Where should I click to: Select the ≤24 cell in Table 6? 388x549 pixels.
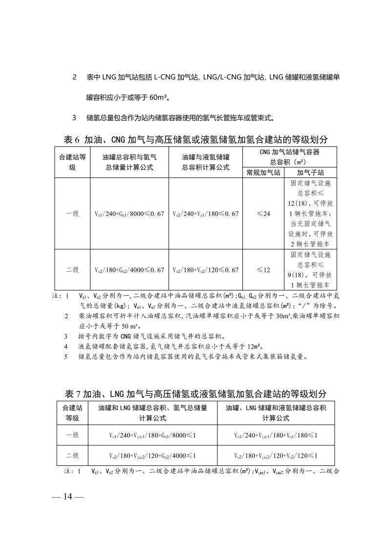pyautogui.click(x=263, y=214)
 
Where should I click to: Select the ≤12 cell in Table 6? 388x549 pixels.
pyautogui.click(x=263, y=270)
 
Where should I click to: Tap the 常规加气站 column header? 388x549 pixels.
pyautogui.click(x=263, y=173)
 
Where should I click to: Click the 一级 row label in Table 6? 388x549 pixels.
pyautogui.click(x=72, y=214)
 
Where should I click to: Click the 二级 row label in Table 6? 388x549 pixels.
pyautogui.click(x=72, y=270)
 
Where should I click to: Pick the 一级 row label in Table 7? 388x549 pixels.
pyautogui.click(x=72, y=435)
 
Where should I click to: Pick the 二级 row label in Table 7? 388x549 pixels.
pyautogui.click(x=72, y=456)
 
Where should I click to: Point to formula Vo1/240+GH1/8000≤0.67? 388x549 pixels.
pyautogui.click(x=129, y=214)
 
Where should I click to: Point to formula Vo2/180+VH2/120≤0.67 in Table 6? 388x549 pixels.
pyautogui.click(x=206, y=270)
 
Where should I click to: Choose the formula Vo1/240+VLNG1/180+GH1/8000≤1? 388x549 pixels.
pyautogui.click(x=152, y=435)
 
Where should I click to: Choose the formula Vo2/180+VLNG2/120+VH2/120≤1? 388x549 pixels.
pyautogui.click(x=276, y=456)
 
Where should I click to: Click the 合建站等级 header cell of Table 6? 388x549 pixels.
pyautogui.click(x=72, y=162)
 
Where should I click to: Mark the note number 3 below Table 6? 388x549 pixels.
pyautogui.click(x=66, y=336)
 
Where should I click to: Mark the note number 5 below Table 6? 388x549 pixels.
pyautogui.click(x=66, y=356)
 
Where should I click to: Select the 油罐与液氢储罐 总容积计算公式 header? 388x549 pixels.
pyautogui.click(x=206, y=162)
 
